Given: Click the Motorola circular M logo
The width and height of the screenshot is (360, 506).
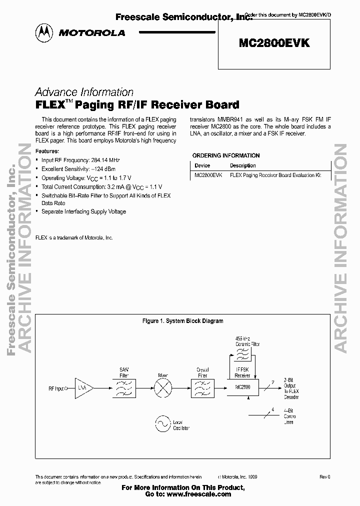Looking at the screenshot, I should click(x=43, y=32).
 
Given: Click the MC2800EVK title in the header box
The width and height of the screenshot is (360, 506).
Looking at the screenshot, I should click(x=274, y=43).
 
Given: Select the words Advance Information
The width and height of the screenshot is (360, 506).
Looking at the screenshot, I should click(x=84, y=92).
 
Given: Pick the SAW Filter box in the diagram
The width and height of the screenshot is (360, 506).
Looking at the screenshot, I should click(x=124, y=387).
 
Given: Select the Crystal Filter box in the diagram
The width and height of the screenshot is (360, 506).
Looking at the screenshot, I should click(x=202, y=387).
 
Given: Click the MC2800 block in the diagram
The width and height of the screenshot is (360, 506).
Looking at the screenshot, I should click(x=242, y=387).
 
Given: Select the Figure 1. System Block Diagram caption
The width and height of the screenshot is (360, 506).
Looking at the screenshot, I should click(x=183, y=321).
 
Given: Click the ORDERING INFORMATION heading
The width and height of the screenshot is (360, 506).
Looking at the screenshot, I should click(x=226, y=155).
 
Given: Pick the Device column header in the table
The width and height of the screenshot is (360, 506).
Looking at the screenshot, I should click(x=202, y=165).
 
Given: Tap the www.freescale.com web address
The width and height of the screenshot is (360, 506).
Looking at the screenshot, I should click(x=198, y=493).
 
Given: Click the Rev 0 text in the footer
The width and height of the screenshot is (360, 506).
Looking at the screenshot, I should click(x=325, y=477).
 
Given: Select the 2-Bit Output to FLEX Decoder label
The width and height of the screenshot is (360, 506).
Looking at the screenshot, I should click(x=291, y=388).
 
